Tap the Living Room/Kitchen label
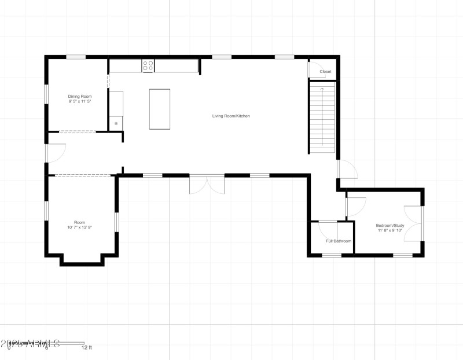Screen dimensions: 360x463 tap(230, 116)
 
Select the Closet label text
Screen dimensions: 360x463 tap(325, 72)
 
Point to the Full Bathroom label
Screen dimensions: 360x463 tap(339, 241)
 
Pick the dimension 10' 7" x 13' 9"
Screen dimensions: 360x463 tap(79, 227)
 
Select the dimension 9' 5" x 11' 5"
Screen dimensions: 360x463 tap(80, 101)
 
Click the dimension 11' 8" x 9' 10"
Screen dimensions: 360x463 tap(389, 231)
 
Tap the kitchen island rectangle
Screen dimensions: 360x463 tap(160, 109)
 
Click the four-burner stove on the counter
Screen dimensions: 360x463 tap(148, 65)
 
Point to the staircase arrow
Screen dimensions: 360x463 tap(322, 116)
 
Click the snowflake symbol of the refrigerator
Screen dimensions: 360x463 tap(116, 124)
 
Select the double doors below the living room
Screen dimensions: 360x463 tap(207, 184)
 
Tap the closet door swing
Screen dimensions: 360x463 tap(315, 69)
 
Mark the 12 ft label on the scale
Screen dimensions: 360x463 tap(86, 348)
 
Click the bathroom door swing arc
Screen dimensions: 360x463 tap(328, 228)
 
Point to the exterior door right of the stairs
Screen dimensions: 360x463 tap(347, 169)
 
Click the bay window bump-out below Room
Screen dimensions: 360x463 tap(82, 259)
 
